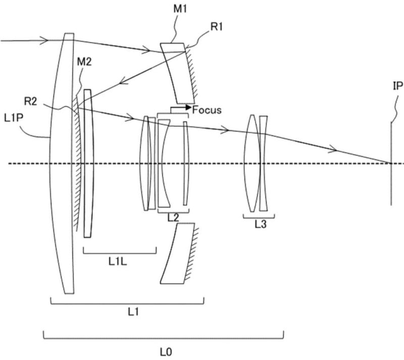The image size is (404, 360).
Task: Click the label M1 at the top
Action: (x=180, y=9)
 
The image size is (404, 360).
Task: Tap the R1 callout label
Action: (x=217, y=27)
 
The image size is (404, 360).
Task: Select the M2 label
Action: (x=84, y=62)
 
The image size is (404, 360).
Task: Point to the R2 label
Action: (x=31, y=101)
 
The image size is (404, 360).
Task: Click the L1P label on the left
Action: (x=14, y=118)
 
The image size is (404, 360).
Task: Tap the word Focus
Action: (x=207, y=110)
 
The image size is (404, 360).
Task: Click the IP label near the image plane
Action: (x=398, y=86)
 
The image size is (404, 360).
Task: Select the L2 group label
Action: (x=173, y=218)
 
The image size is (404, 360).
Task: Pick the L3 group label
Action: (x=261, y=225)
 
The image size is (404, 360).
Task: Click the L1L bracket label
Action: (x=118, y=262)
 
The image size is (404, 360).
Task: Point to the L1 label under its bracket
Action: (x=133, y=313)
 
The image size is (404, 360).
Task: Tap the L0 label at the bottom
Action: (x=166, y=352)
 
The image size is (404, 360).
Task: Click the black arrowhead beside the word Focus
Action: (x=188, y=107)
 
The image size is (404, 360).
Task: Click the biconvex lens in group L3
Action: (x=252, y=164)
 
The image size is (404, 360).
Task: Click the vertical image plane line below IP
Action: (x=391, y=164)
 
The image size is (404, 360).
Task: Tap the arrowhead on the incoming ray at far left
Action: (x=45, y=40)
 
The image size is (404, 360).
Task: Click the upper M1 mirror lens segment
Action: (x=177, y=73)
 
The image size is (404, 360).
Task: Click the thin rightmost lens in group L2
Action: (x=185, y=164)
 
